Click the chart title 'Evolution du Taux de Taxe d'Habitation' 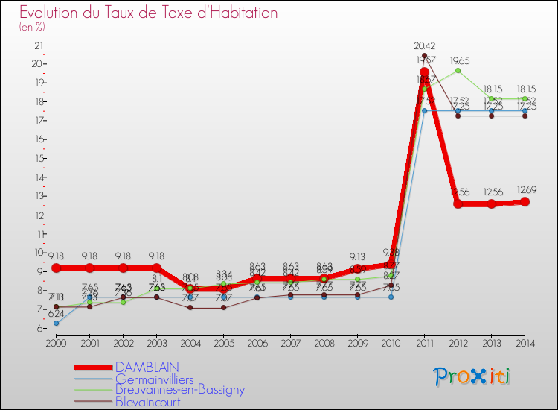pyautogui.click(x=149, y=13)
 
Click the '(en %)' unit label pyautogui.click(x=33, y=28)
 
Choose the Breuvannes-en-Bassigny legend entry pyautogui.click(x=179, y=389)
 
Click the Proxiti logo pyautogui.click(x=472, y=376)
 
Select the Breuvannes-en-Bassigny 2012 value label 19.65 pyautogui.click(x=458, y=61)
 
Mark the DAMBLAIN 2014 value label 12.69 pyautogui.click(x=525, y=189)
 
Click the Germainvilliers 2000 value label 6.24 pyautogui.click(x=56, y=314)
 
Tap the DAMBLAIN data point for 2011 pyautogui.click(x=424, y=72)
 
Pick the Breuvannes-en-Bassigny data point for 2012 pyautogui.click(x=458, y=71)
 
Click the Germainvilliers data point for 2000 pyautogui.click(x=56, y=323)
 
